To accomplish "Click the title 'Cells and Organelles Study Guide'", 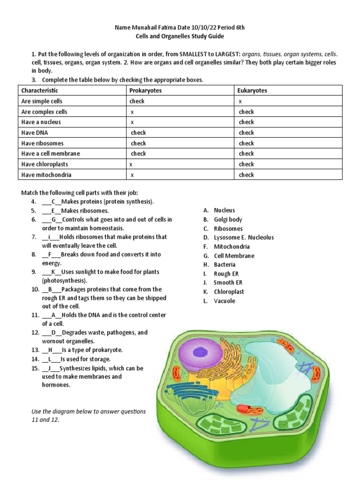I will [180, 36].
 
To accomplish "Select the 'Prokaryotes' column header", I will [145, 90].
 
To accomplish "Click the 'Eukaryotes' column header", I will [252, 90].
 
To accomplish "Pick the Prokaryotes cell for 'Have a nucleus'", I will [133, 122].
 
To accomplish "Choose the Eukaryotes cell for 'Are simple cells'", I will [240, 101].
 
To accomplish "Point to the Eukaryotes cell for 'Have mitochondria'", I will [246, 175].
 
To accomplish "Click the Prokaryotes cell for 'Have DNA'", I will [138, 133].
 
